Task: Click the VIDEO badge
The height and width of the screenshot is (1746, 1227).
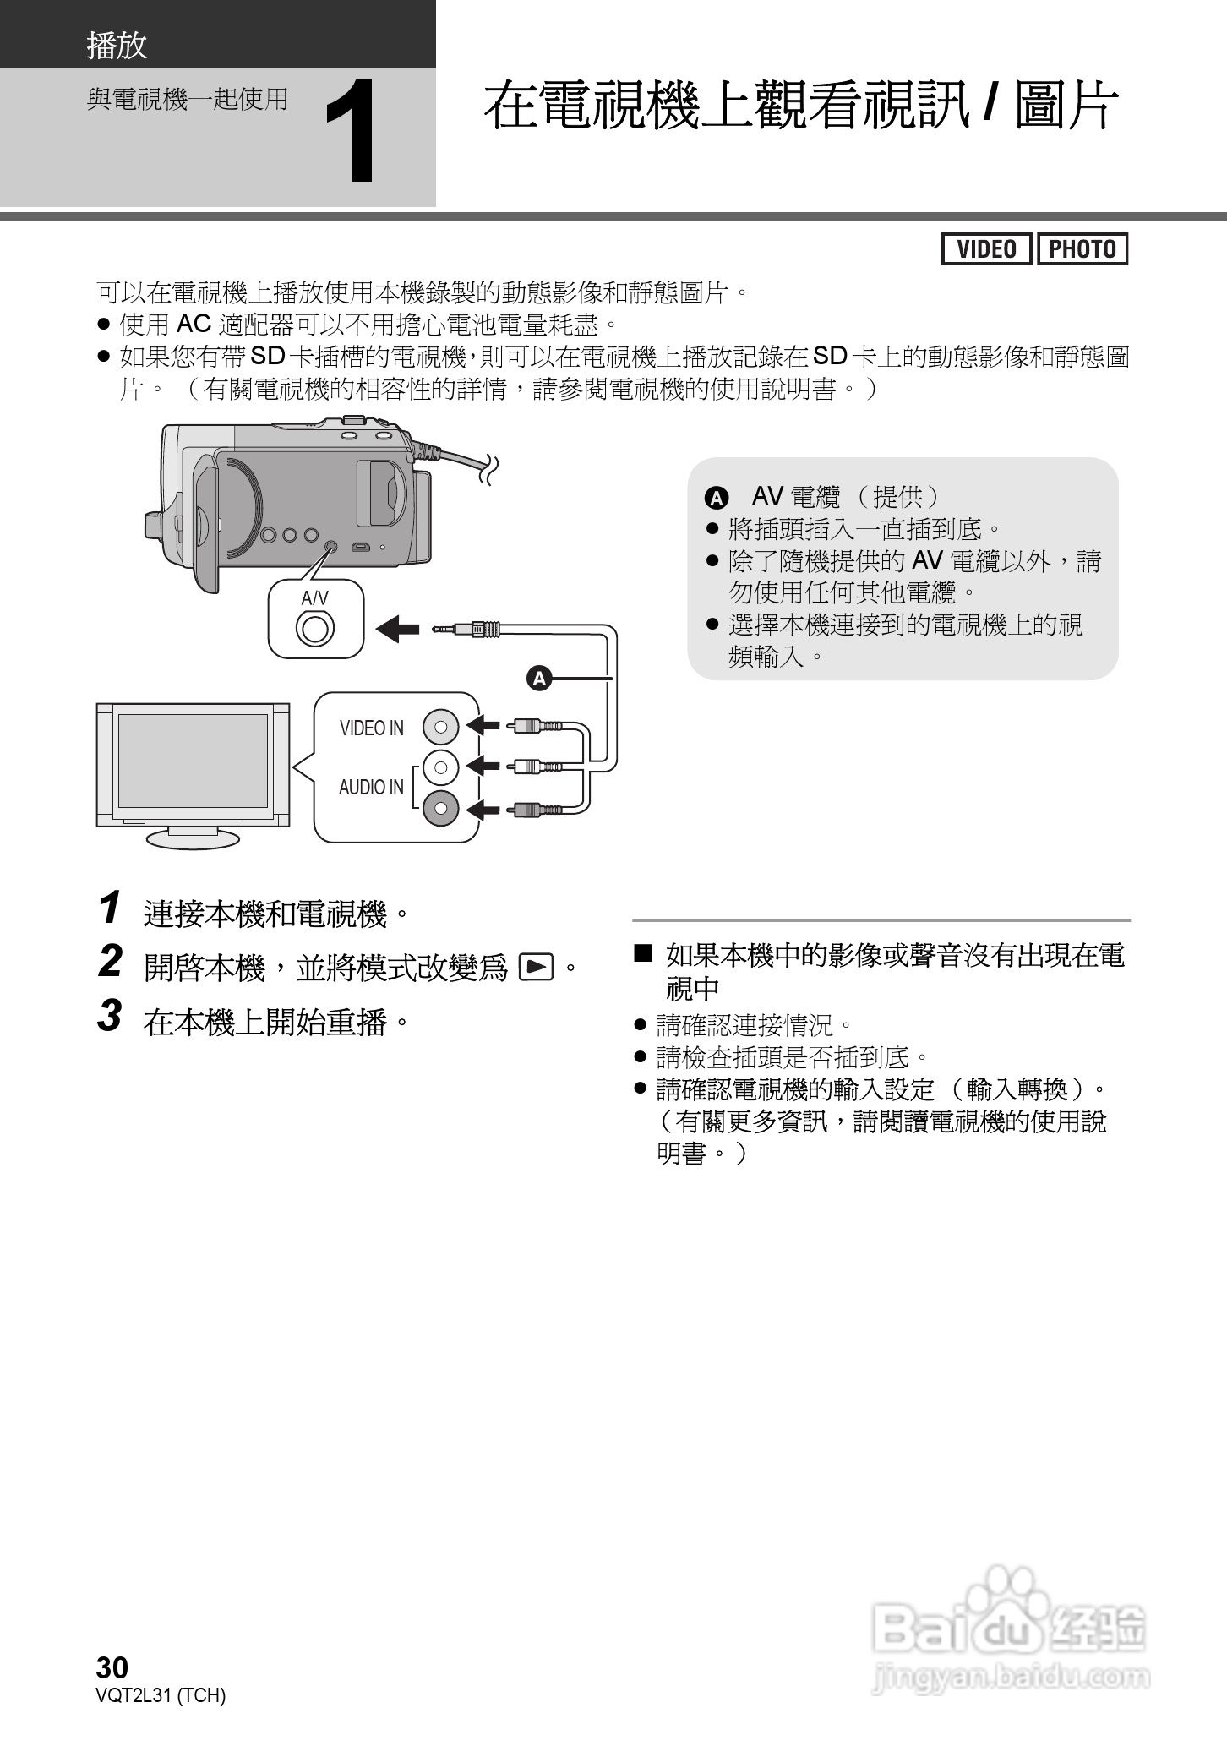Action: point(986,249)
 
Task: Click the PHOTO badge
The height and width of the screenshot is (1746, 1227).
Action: point(1082,249)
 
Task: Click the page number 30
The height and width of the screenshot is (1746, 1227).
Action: point(112,1667)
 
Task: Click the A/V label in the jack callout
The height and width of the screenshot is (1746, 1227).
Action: point(314,598)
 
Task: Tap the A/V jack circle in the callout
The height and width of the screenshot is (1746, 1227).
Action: point(315,629)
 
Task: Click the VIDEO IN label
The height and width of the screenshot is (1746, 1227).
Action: point(371,728)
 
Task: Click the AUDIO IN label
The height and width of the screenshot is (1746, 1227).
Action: point(371,787)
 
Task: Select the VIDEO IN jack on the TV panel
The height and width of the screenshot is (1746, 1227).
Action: point(440,725)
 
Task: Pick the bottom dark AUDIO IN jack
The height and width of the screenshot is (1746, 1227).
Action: point(440,810)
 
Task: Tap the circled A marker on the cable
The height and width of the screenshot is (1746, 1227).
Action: point(538,678)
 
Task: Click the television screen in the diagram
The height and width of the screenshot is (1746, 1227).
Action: point(193,761)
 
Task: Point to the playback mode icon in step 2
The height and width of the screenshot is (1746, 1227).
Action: point(536,966)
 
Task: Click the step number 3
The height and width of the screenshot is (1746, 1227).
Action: point(110,1016)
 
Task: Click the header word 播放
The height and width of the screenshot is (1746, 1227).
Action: point(117,46)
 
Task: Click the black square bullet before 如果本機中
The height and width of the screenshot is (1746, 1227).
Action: point(644,955)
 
